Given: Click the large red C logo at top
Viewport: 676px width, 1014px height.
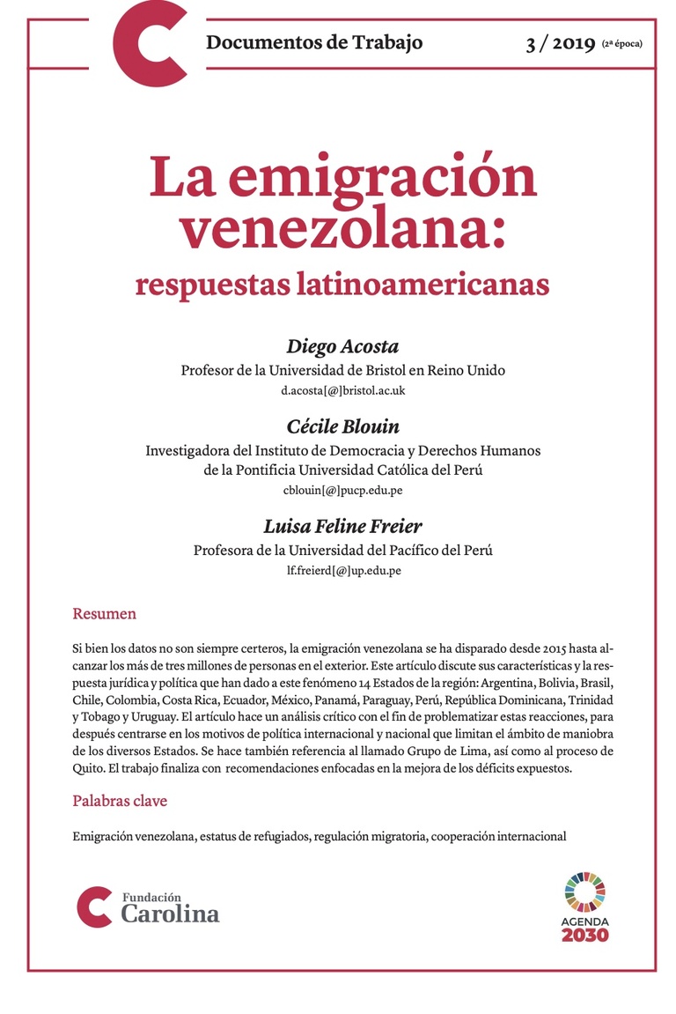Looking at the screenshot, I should pos(151,43).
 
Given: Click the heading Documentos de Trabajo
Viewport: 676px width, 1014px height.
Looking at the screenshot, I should pos(314,41).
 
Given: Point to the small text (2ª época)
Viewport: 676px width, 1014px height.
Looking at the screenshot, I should pos(622,44).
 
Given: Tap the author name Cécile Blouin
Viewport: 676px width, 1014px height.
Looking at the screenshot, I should pos(342,426).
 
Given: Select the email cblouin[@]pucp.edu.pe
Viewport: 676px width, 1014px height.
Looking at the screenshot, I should pos(342,490).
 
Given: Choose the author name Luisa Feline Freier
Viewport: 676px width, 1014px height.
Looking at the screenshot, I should pos(342,527).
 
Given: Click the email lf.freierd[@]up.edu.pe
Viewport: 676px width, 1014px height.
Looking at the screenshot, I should pos(342,570).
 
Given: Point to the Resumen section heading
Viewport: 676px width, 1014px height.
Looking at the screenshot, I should pos(104,614).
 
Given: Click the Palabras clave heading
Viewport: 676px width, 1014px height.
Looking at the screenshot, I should pos(120,801).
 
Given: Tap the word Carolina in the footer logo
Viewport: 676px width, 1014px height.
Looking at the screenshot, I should pos(170,914).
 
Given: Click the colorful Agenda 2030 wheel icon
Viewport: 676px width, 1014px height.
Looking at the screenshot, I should pos(585,891).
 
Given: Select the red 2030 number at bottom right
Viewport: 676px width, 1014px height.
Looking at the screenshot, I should pos(584,935).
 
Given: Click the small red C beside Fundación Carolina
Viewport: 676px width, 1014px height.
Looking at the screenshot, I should pos(94,907).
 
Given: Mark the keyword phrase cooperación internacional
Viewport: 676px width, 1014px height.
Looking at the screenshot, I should pos(500,836).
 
